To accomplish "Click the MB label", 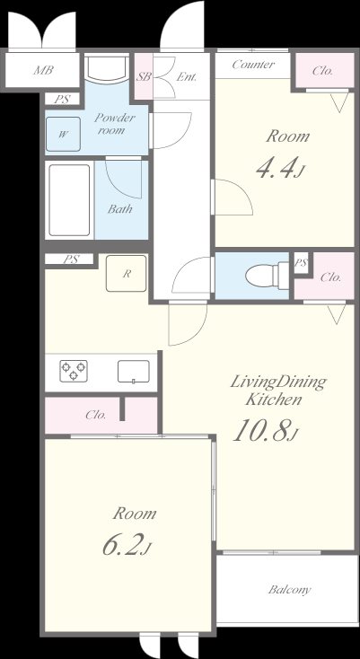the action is tap(43, 70).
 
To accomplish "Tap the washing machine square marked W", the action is tap(63, 134).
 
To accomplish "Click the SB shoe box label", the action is tap(144, 77).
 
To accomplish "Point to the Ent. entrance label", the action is tap(187, 77).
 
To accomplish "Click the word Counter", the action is tap(253, 65).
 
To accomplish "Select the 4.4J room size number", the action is tap(279, 167).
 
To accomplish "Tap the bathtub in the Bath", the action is tap(70, 200).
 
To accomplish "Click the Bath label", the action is tap(119, 208).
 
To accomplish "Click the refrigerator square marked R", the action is tap(126, 274).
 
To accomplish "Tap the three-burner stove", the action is tap(74, 371).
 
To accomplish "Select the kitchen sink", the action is tap(134, 372).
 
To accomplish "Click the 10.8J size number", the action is tap(266, 431).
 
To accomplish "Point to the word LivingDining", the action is tap(278, 382).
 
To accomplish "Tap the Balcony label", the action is tap(290, 590).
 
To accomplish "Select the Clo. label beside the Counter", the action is tap(322, 71).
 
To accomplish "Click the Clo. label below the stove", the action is tap(95, 415).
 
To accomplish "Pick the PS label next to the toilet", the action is tap(301, 263).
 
